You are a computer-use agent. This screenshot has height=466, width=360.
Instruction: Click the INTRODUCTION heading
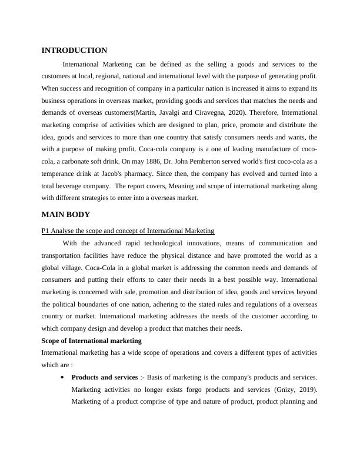coord(74,51)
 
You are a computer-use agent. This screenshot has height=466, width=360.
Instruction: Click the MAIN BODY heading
coord(65,214)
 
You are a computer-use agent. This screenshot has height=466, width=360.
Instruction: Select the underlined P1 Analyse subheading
coord(128,231)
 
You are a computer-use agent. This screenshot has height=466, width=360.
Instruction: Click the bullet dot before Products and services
coord(62,377)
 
